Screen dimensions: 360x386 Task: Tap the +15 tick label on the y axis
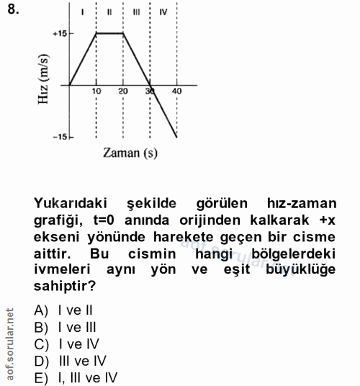pos(58,33)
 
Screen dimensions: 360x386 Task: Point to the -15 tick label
pos(58,137)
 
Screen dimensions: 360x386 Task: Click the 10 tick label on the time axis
pos(96,91)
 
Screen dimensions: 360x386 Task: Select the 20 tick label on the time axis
pos(123,91)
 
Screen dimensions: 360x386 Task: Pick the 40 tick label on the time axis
pos(177,91)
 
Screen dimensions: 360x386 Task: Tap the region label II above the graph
pos(109,12)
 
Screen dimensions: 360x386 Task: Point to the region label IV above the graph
pos(163,12)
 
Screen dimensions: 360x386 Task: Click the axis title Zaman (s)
pos(130,153)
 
